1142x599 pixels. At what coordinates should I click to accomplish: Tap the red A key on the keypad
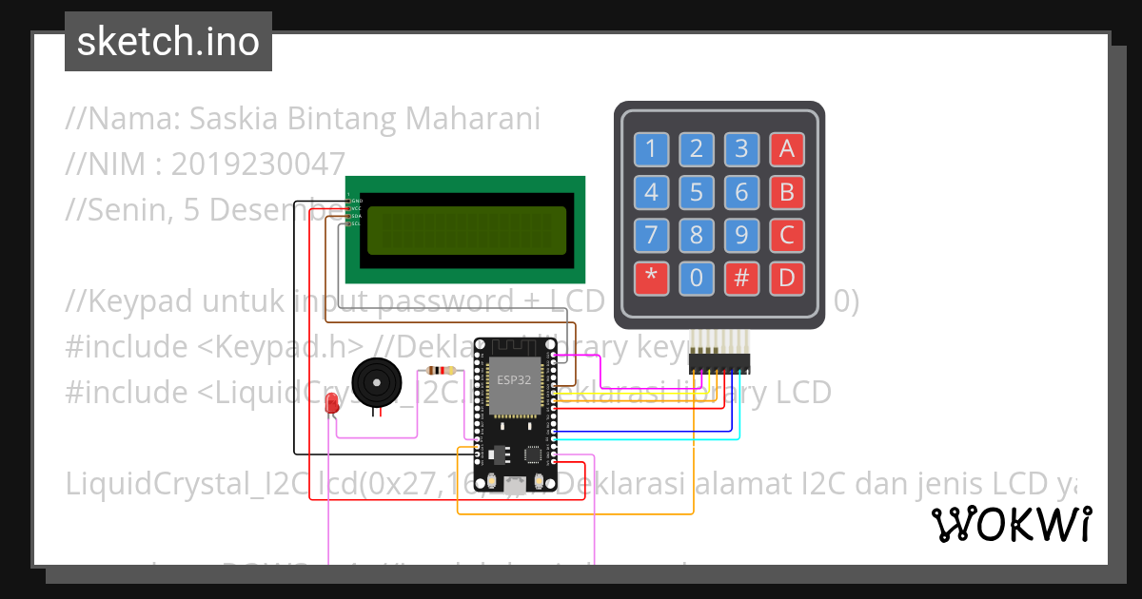click(x=786, y=148)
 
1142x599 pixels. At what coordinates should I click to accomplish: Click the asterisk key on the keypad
click(x=651, y=279)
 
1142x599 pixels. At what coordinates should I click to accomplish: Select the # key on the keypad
click(x=741, y=279)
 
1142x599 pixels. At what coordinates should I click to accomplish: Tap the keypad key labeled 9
click(x=741, y=235)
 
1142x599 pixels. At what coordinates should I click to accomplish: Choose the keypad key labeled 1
click(x=651, y=148)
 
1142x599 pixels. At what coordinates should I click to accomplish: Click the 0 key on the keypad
click(x=697, y=279)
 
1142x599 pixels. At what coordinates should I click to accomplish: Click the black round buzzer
click(x=377, y=383)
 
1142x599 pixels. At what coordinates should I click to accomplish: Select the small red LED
click(x=332, y=404)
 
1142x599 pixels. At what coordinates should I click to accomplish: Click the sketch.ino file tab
click(x=168, y=42)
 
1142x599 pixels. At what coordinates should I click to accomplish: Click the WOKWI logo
click(x=1011, y=523)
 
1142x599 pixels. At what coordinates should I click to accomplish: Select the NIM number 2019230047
click(x=258, y=164)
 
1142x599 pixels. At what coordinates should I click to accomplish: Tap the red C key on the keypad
click(x=786, y=235)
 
